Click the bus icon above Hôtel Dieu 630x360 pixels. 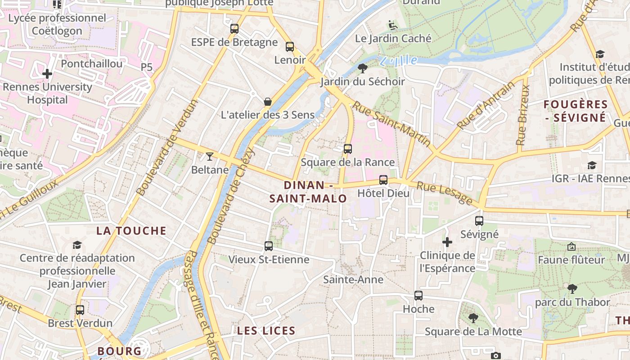tap(383, 180)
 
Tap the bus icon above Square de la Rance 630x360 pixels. tap(347, 149)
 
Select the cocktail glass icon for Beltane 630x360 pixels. tap(210, 157)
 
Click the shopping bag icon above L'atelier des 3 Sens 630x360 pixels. tap(268, 102)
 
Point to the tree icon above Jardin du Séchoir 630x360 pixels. tap(362, 68)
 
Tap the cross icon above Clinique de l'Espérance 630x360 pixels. tap(447, 243)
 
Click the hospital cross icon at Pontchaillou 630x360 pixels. tap(47, 73)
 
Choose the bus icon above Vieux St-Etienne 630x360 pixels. tap(269, 246)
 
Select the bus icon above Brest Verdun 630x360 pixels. tap(80, 310)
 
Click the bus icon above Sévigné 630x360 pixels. tap(479, 221)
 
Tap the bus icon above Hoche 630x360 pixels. tap(418, 296)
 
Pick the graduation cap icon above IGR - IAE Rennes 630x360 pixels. tap(592, 166)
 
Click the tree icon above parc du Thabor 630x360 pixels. tap(572, 288)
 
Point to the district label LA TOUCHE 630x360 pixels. tap(131, 231)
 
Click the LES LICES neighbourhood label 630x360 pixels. tap(266, 331)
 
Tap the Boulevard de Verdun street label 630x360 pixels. tap(167, 148)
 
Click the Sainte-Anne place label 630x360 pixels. tap(353, 280)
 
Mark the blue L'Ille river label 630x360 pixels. tap(398, 60)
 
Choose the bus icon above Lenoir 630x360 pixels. tap(290, 47)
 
